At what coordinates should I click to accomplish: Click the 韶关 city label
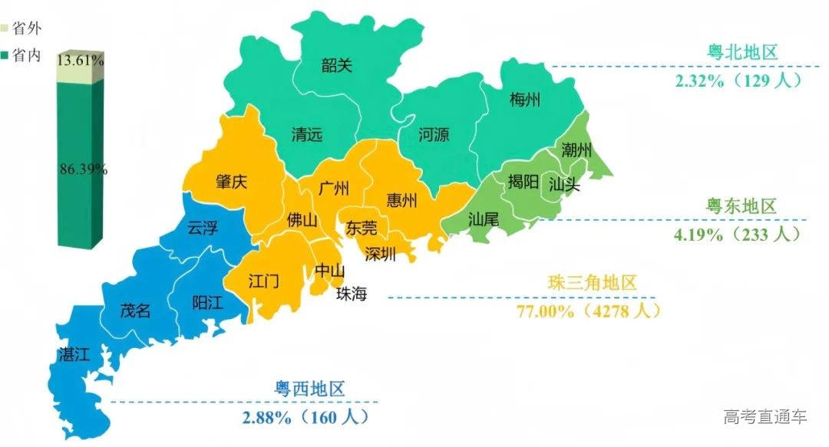[336, 65]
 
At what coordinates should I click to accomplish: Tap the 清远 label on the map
[306, 134]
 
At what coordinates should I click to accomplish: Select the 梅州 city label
[525, 100]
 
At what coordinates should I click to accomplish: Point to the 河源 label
[434, 135]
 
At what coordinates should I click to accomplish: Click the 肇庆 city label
[231, 183]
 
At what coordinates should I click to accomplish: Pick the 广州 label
[334, 189]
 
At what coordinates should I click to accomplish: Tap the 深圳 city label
[380, 254]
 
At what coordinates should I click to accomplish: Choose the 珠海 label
[352, 294]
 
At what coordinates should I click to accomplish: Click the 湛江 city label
[74, 353]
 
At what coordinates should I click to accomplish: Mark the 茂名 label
[135, 311]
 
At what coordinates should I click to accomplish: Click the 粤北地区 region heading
[742, 53]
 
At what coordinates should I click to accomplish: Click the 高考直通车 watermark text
[765, 417]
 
